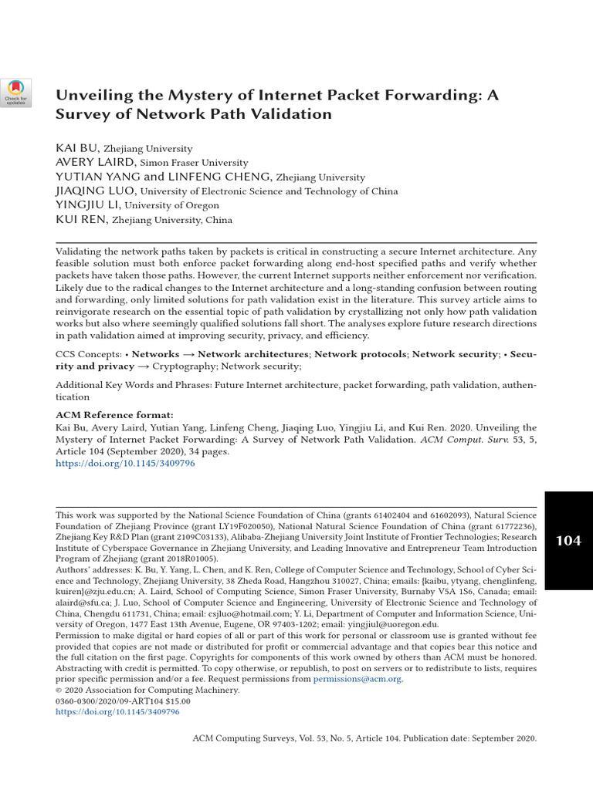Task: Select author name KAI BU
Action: [77, 148]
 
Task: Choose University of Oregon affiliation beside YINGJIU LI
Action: [172, 205]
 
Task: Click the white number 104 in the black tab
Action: [568, 541]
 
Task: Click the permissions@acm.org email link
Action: [357, 679]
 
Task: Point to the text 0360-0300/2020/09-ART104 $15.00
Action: [123, 701]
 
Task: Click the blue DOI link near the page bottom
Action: [117, 712]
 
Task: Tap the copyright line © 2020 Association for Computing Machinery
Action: [147, 690]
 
